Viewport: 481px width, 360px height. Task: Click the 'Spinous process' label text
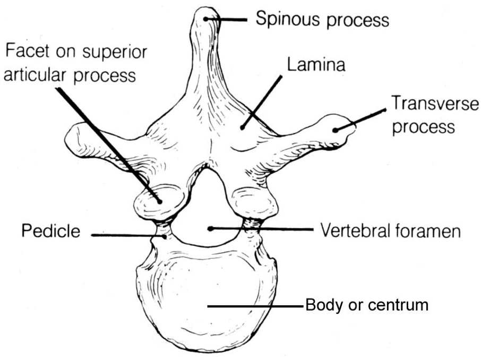[322, 20]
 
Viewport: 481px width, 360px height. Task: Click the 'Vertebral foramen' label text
[390, 231]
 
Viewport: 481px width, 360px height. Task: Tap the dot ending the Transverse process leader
[336, 129]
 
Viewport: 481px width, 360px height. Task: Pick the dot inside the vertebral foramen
[211, 229]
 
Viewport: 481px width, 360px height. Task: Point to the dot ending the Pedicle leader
[166, 235]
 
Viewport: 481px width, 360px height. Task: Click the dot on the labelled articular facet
[159, 200]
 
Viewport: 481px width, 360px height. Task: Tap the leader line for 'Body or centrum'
[255, 306]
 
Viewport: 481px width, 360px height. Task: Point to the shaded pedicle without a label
[251, 226]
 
